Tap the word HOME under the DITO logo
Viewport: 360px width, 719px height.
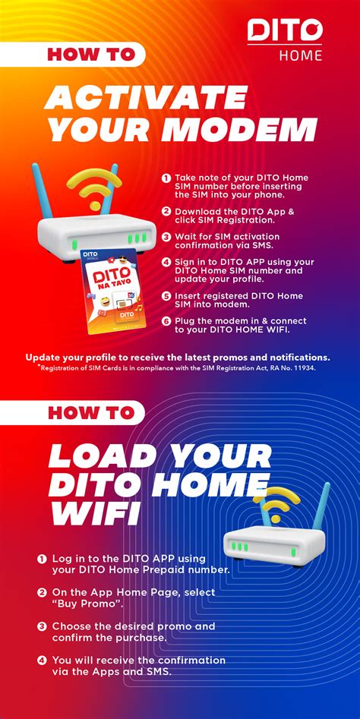click(300, 55)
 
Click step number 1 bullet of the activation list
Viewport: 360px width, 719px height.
click(166, 178)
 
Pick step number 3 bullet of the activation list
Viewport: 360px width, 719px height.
click(166, 237)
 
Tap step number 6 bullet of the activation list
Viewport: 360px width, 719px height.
click(166, 322)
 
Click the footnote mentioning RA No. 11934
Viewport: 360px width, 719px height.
click(180, 367)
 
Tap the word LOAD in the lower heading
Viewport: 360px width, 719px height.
click(99, 456)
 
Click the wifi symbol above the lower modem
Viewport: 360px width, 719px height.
click(280, 503)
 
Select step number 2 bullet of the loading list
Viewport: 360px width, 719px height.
click(42, 592)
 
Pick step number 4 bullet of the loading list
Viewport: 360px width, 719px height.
click(42, 659)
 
